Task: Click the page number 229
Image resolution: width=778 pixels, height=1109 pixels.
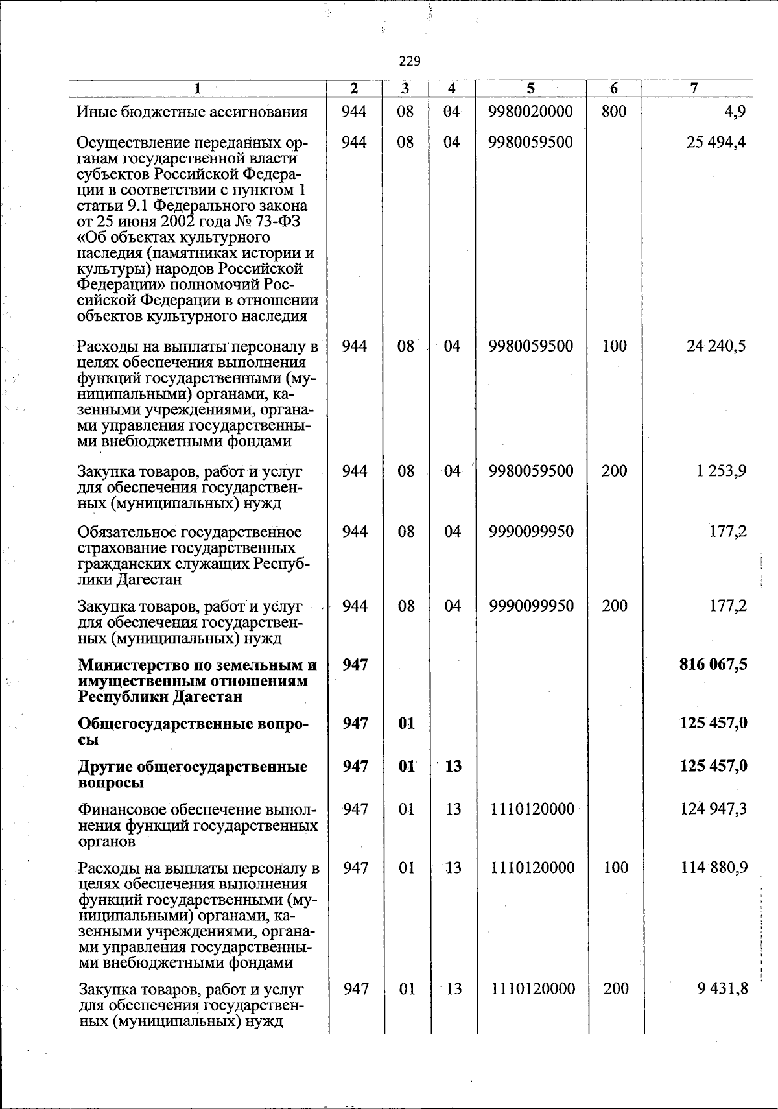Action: pyautogui.click(x=410, y=62)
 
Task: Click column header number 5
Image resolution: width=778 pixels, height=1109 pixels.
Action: pyautogui.click(x=530, y=89)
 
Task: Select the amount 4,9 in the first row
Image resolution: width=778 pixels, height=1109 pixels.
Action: pyautogui.click(x=735, y=112)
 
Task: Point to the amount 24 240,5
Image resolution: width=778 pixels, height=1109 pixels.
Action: pyautogui.click(x=716, y=346)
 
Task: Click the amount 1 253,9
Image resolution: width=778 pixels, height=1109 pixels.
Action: pyautogui.click(x=721, y=471)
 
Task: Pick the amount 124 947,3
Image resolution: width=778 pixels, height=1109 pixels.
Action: pyautogui.click(x=714, y=809)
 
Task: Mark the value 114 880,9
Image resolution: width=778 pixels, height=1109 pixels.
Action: pyautogui.click(x=714, y=867)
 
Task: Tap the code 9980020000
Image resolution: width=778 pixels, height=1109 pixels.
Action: pyautogui.click(x=531, y=112)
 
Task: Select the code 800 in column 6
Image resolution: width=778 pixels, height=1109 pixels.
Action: pyautogui.click(x=613, y=112)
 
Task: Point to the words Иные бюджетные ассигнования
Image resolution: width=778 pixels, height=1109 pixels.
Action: pyautogui.click(x=192, y=112)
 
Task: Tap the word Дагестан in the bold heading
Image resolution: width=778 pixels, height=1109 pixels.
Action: pyautogui.click(x=207, y=697)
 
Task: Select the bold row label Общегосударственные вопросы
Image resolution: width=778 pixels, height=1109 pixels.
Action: pyautogui.click(x=193, y=731)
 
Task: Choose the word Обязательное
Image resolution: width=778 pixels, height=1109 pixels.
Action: pyautogui.click(x=126, y=532)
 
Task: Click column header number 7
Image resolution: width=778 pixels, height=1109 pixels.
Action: pyautogui.click(x=694, y=89)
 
